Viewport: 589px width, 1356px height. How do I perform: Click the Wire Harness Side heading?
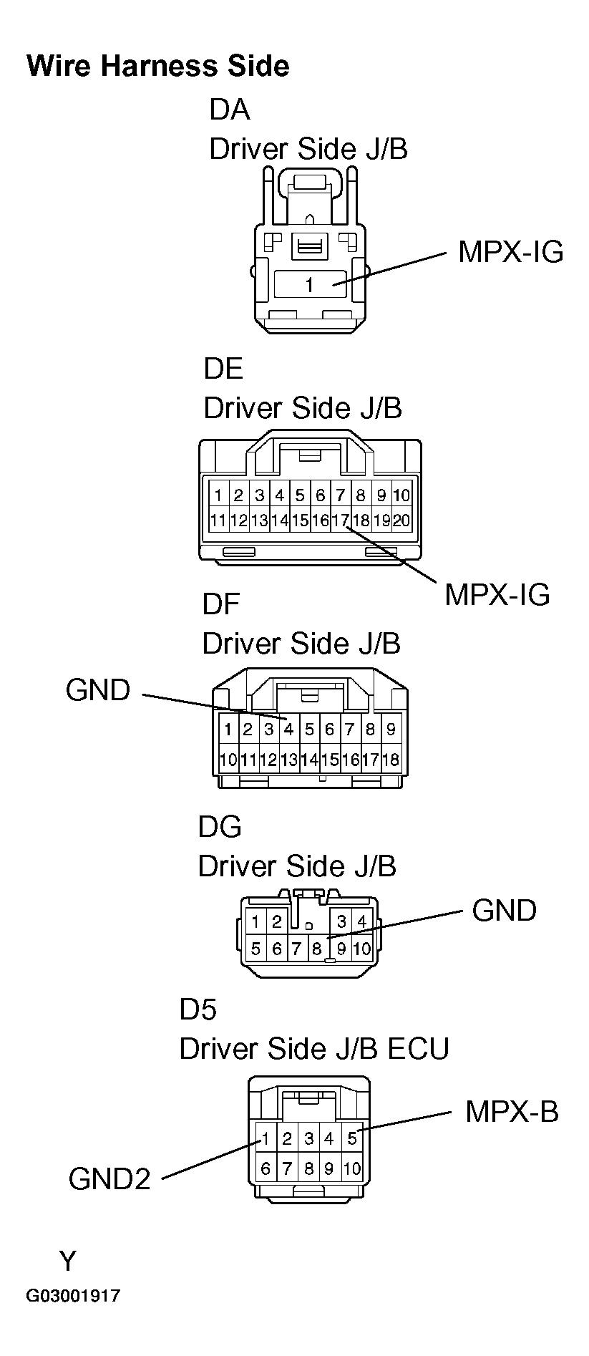(x=157, y=66)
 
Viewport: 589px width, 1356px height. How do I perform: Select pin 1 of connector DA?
(x=309, y=285)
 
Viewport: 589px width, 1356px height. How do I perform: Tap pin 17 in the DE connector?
(x=340, y=520)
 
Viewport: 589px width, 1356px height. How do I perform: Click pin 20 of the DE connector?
(x=401, y=520)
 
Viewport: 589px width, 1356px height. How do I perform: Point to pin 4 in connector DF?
(x=288, y=730)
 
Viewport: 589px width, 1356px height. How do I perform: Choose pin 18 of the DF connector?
(x=391, y=760)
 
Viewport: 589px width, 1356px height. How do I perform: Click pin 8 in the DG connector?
(x=316, y=949)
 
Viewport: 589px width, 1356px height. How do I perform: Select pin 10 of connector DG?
(x=361, y=949)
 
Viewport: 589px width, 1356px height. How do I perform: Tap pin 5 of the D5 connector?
(x=351, y=1138)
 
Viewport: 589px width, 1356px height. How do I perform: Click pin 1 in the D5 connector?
(x=266, y=1138)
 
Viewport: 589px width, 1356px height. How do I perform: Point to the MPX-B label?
(x=511, y=1112)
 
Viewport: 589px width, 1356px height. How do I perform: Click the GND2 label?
(x=109, y=1178)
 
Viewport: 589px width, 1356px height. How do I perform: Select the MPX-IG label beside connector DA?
(x=510, y=252)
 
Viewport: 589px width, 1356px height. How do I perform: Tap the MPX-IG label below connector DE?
(x=497, y=594)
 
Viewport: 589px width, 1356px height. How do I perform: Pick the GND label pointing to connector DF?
(x=98, y=690)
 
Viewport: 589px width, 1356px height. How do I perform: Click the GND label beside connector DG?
(x=504, y=911)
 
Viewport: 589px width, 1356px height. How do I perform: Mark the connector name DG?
(x=220, y=827)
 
